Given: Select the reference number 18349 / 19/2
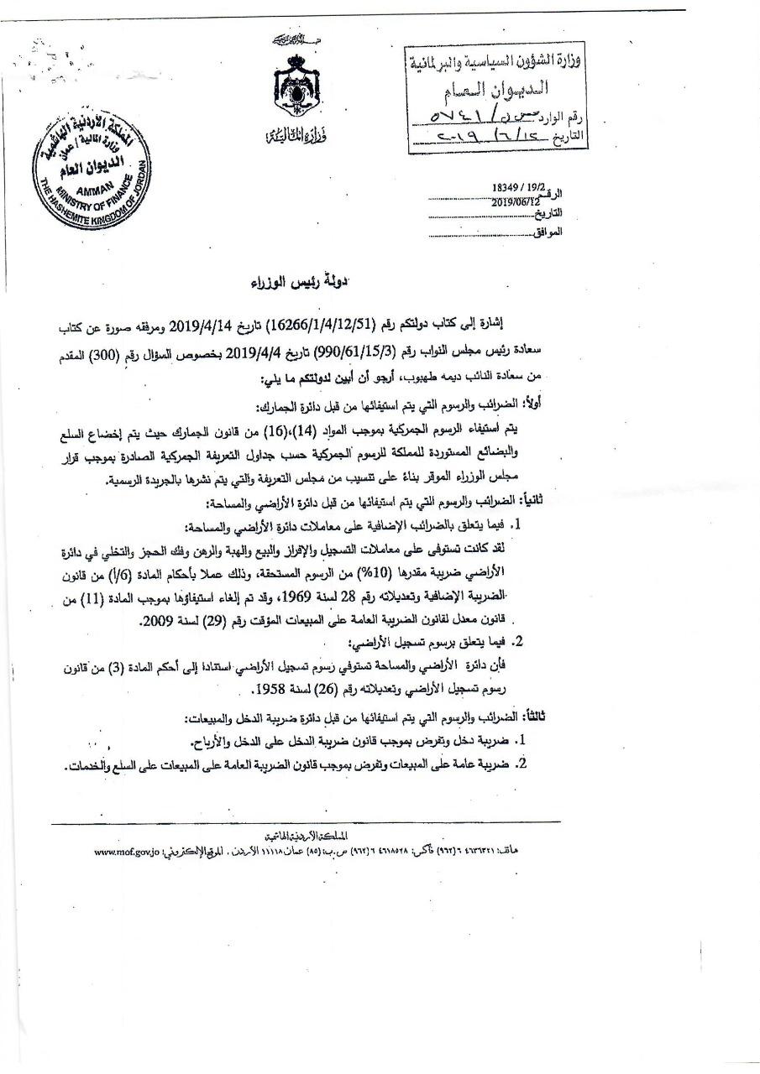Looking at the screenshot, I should tap(517, 190).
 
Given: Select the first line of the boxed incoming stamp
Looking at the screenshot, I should tap(498, 60).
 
